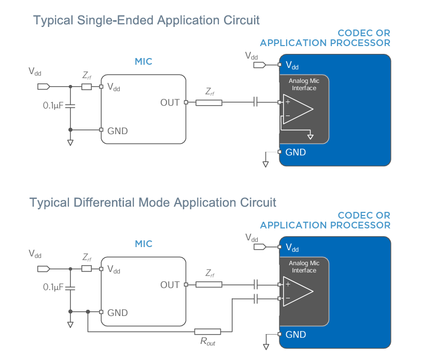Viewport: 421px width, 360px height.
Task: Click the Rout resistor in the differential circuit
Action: [x=207, y=332]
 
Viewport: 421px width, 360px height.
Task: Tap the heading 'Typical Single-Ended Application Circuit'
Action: [x=146, y=20]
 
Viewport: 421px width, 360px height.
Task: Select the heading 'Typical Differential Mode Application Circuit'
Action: [x=153, y=202]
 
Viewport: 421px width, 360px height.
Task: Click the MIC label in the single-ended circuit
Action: [x=144, y=62]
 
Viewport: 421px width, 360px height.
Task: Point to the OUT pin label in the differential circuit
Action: [x=170, y=285]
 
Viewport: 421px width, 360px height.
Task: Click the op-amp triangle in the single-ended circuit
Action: [x=298, y=109]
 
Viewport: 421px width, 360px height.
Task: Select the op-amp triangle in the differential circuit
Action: [x=298, y=291]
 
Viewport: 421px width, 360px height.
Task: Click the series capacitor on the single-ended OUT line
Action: [x=255, y=103]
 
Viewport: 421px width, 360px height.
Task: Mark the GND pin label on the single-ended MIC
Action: [x=117, y=131]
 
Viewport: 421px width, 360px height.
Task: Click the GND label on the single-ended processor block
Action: [x=296, y=152]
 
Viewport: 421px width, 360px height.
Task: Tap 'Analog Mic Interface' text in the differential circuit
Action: [x=304, y=267]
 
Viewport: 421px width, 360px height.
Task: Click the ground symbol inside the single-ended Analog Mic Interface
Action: [x=310, y=136]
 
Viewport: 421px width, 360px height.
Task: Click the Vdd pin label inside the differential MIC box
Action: [x=114, y=269]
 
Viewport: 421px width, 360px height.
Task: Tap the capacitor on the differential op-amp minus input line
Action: [x=255, y=298]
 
